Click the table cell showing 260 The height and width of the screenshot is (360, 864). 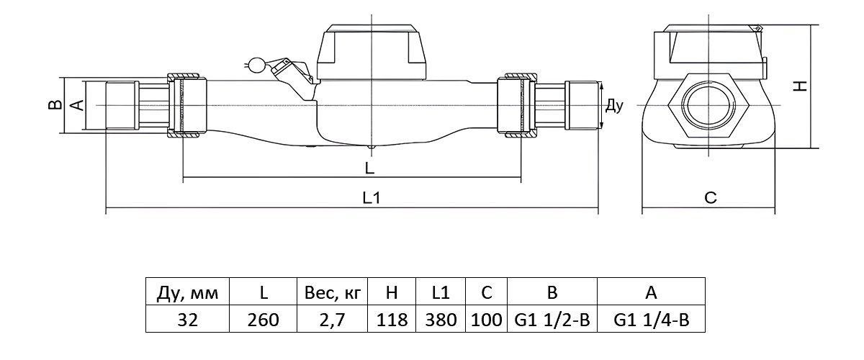[x=264, y=320]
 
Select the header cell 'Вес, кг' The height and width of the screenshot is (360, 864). [x=332, y=292]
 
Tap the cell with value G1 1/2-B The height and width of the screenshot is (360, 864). [x=552, y=320]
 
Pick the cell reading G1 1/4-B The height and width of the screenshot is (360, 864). [x=652, y=320]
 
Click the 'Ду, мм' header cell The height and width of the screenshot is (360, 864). [x=187, y=292]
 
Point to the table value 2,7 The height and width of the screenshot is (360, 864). [x=332, y=320]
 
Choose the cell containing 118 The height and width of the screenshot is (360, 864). [x=392, y=320]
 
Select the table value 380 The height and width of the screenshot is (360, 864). [x=441, y=320]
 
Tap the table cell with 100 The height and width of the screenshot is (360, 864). [x=486, y=320]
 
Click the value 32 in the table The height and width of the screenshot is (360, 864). [x=187, y=320]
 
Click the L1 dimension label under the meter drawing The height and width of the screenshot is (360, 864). [x=371, y=197]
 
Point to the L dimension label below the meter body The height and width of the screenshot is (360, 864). [x=369, y=168]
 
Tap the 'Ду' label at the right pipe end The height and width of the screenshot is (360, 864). [x=613, y=106]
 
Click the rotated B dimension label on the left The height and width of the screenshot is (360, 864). [x=53, y=105]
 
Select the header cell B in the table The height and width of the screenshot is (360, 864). [x=552, y=292]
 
